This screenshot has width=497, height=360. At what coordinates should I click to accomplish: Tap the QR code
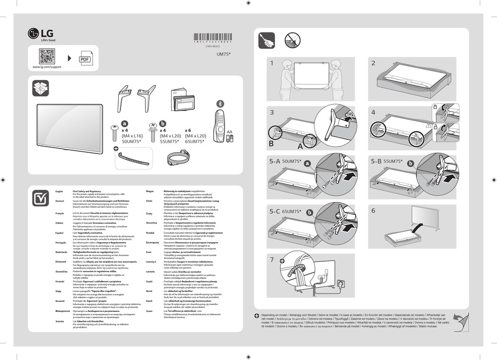pos(47,56)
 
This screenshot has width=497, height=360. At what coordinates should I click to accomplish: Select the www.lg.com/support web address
pos(47,67)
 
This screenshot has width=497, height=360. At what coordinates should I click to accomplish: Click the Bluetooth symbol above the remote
pos(220,102)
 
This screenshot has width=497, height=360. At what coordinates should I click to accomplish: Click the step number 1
pos(272,63)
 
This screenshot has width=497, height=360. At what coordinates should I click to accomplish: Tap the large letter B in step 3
pos(271,143)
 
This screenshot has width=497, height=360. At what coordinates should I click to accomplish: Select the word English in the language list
pos(60,192)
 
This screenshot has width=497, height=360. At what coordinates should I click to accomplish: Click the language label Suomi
pos(149,310)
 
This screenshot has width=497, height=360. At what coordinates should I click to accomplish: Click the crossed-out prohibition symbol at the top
pos(292,40)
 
